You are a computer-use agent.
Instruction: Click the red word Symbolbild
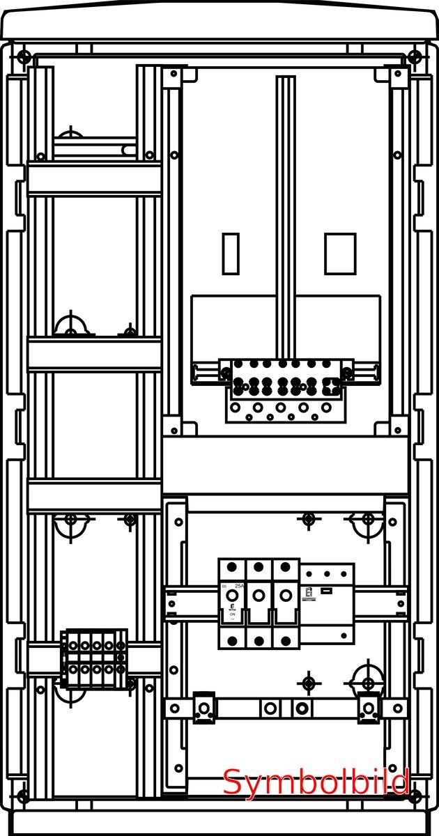click(x=316, y=782)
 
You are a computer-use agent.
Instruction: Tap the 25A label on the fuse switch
click(x=239, y=587)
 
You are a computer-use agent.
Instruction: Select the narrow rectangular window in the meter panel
click(x=230, y=254)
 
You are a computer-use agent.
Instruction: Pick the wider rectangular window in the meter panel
click(x=340, y=254)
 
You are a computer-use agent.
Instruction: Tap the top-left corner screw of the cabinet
click(x=24, y=56)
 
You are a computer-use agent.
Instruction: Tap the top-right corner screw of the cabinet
click(x=415, y=56)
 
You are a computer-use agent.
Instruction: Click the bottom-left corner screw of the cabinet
click(x=24, y=794)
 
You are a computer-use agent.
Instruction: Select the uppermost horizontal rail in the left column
click(x=94, y=179)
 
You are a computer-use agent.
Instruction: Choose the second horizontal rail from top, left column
click(x=94, y=354)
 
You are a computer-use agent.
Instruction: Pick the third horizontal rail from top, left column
click(x=94, y=496)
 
